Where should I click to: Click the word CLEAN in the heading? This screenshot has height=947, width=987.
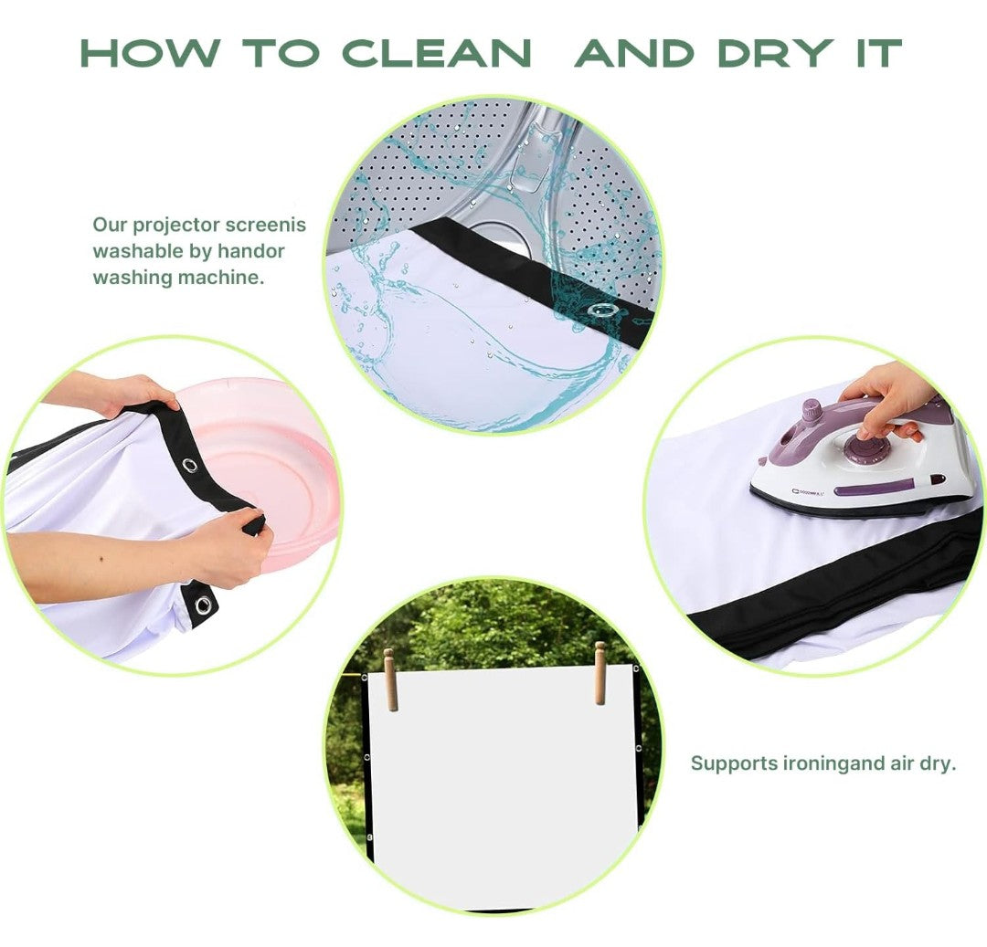[x=437, y=53]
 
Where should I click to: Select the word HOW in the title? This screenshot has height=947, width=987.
[x=151, y=53]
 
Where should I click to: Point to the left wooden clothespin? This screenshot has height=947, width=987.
[x=390, y=679]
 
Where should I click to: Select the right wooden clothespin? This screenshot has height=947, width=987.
[x=600, y=673]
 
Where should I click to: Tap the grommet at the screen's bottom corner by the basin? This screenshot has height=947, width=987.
[x=203, y=605]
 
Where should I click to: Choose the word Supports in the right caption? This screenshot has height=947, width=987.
[x=734, y=763]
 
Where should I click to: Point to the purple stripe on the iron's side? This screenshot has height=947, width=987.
[x=875, y=488]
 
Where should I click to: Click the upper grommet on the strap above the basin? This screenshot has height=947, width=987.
[x=189, y=465]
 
